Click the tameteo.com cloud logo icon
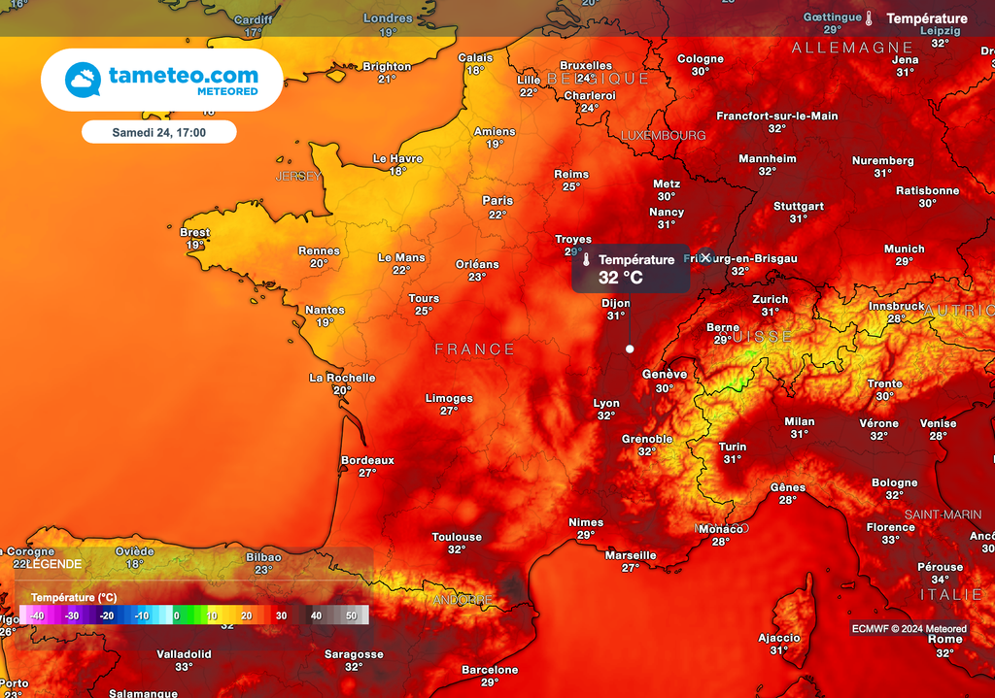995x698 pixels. click(83, 80)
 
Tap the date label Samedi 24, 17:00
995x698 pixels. click(158, 132)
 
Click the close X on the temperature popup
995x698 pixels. click(705, 257)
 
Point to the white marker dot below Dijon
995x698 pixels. click(630, 349)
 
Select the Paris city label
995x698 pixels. click(497, 201)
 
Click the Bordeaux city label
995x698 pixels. click(367, 460)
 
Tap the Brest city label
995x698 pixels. click(195, 233)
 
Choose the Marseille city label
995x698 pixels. click(631, 555)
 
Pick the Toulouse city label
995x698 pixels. click(457, 537)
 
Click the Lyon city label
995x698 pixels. click(606, 403)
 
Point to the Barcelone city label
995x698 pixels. click(490, 670)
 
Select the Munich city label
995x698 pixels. click(905, 249)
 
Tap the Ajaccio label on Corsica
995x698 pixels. click(779, 638)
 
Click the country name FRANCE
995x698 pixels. click(475, 349)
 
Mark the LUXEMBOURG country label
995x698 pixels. click(663, 136)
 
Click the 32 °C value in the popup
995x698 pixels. click(620, 278)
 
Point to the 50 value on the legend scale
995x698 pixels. click(351, 615)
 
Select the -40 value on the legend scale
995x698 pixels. click(37, 615)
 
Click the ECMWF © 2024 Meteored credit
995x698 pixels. click(909, 629)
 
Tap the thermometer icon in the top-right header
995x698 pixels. click(870, 18)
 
